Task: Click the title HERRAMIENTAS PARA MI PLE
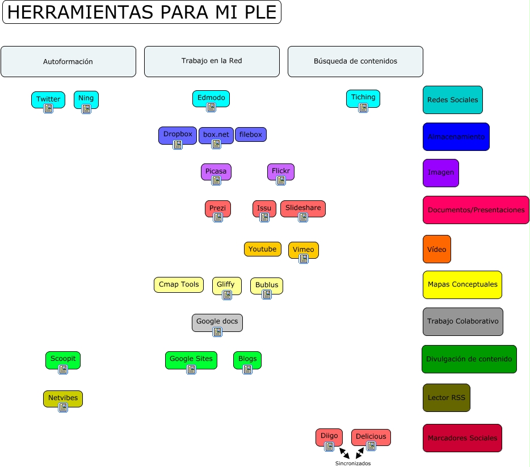(x=142, y=12)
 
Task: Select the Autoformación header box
(x=68, y=61)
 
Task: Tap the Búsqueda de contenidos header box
(x=355, y=61)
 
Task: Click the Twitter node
(x=48, y=99)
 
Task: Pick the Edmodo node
(x=211, y=98)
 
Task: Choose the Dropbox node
(x=178, y=134)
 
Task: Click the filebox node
(x=250, y=134)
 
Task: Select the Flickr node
(x=281, y=170)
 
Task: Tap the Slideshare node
(x=303, y=208)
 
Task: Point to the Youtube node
(x=262, y=249)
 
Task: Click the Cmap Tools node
(x=179, y=284)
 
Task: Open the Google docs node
(x=217, y=321)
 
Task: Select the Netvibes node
(x=62, y=398)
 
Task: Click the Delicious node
(x=371, y=436)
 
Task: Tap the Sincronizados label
(x=352, y=463)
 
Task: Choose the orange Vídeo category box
(x=436, y=249)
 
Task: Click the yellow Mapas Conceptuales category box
(x=462, y=284)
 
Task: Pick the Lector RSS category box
(x=446, y=398)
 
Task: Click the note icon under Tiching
(x=363, y=108)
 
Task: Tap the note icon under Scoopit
(x=63, y=369)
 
